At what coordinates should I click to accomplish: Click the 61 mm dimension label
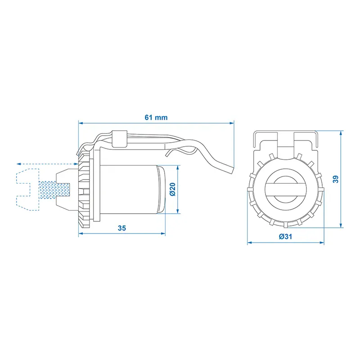pos(156,117)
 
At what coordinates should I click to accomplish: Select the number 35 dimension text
pos(121,228)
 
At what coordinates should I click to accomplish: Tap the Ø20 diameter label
pos(173,189)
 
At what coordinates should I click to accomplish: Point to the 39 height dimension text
pos(335,179)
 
